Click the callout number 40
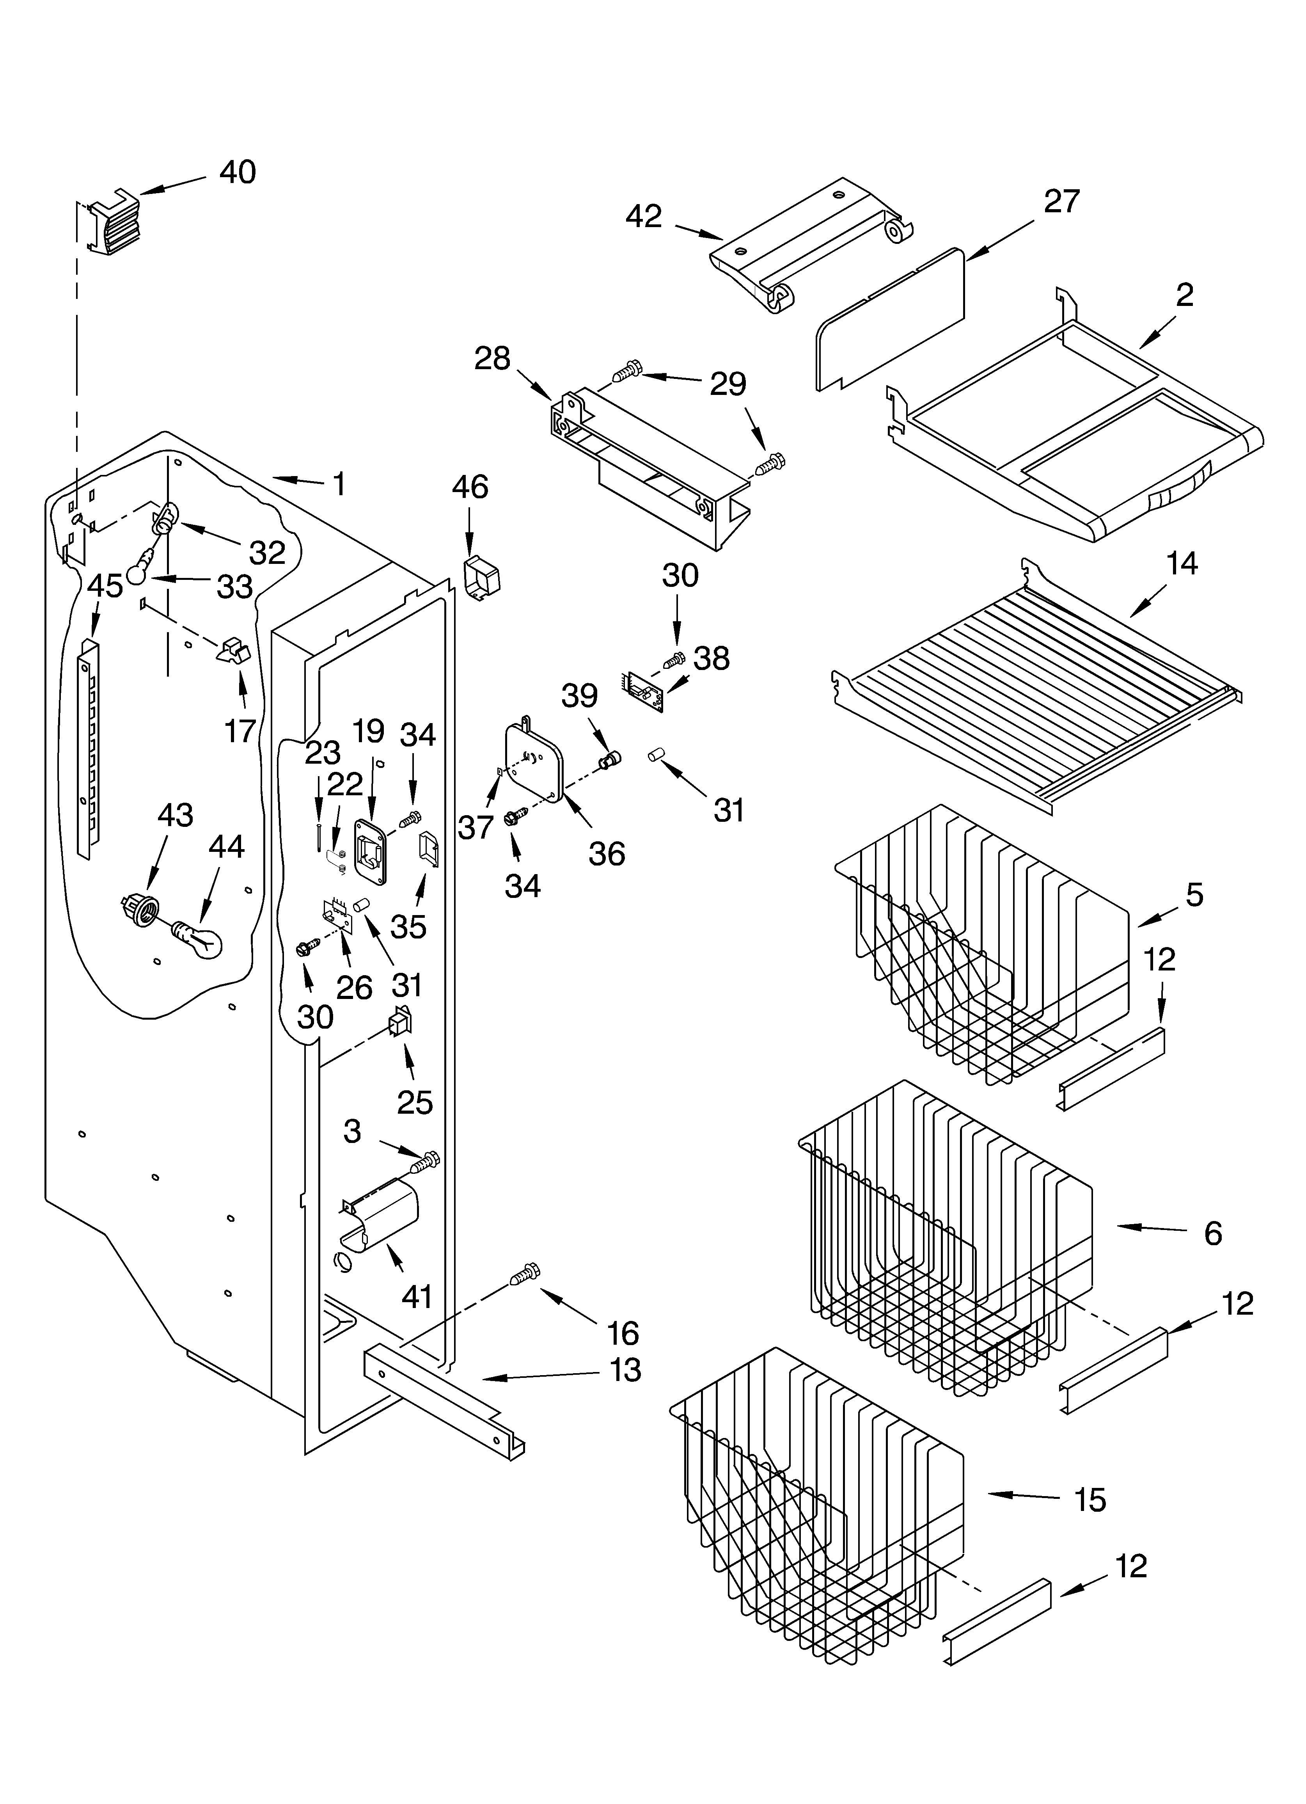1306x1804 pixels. pos(237,172)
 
